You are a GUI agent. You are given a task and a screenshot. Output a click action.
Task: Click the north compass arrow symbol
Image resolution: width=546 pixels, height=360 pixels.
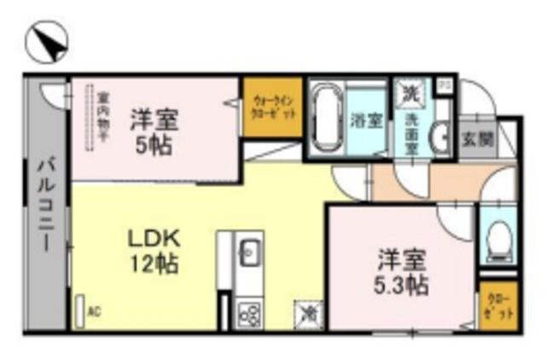[x=45, y=43]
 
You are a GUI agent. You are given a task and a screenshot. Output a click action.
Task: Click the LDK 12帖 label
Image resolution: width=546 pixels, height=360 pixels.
[x=154, y=249]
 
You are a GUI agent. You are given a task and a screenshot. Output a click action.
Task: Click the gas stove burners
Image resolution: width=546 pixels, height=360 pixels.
[x=249, y=312]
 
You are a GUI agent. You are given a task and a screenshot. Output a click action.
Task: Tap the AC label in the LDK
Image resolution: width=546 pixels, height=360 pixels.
[x=95, y=312]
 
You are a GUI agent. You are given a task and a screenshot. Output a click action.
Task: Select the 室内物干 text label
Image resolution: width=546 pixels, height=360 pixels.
[x=102, y=119]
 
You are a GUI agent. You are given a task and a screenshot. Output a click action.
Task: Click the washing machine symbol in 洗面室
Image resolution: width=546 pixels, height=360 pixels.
[x=411, y=91]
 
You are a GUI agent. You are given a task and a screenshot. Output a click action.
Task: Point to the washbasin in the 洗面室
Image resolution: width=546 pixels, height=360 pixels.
[x=439, y=136]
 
